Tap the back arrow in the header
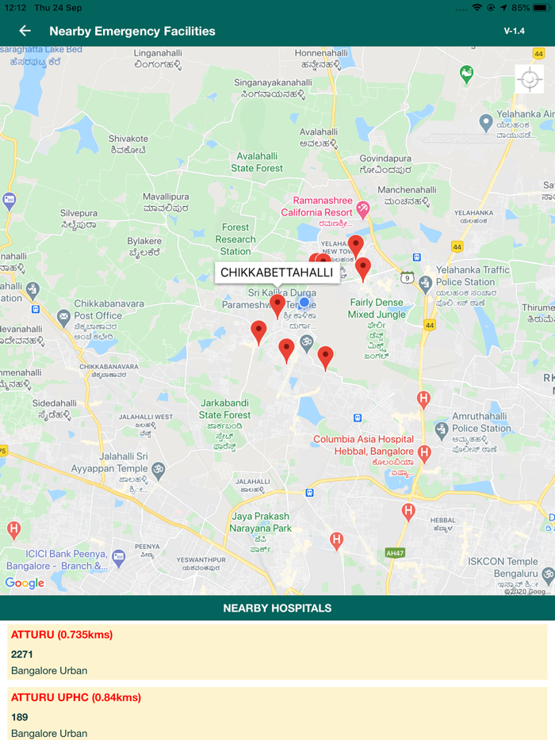pyautogui.click(x=25, y=31)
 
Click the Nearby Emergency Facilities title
pyautogui.click(x=132, y=31)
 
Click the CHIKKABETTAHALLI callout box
pyautogui.click(x=277, y=273)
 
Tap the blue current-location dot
pyautogui.click(x=304, y=302)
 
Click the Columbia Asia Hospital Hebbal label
pyautogui.click(x=363, y=445)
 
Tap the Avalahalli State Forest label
pyautogui.click(x=257, y=162)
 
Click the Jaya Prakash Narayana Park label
pyautogui.click(x=262, y=522)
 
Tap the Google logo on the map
pyautogui.click(x=25, y=583)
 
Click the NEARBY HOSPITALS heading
pyautogui.click(x=277, y=608)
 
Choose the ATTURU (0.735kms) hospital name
pyautogui.click(x=62, y=635)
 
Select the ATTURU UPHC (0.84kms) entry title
pyautogui.click(x=76, y=697)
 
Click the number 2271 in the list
pyautogui.click(x=22, y=654)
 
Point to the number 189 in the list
pyautogui.click(x=20, y=717)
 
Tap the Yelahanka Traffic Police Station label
pyautogui.click(x=473, y=276)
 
